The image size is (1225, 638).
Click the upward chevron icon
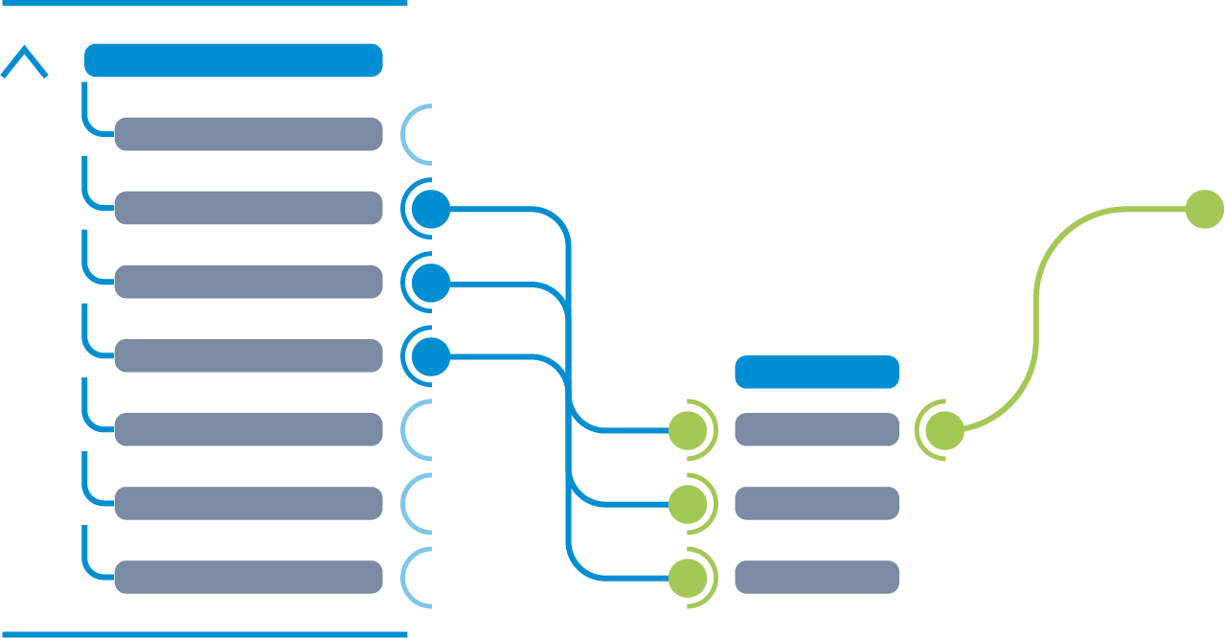[24, 62]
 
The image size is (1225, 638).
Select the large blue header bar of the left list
[234, 60]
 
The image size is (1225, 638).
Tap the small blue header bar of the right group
[816, 372]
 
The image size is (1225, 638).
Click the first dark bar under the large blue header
[248, 134]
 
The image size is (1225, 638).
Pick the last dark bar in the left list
[248, 577]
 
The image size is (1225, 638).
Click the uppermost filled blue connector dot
[431, 209]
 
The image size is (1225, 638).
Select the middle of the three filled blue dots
[431, 283]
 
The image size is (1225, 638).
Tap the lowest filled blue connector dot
[431, 356]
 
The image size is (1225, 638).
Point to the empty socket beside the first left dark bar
[418, 134]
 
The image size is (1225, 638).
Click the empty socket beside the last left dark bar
[418, 577]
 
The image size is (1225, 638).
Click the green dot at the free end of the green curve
[1204, 209]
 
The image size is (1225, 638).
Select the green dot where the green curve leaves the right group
[944, 430]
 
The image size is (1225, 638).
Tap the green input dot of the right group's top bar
[688, 430]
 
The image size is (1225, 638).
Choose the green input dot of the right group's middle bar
[688, 504]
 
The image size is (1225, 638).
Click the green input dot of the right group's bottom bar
[688, 578]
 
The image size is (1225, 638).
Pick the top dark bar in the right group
[816, 429]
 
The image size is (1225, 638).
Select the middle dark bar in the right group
[816, 503]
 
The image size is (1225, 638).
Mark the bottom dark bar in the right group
[816, 577]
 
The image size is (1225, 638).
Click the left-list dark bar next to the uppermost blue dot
[248, 208]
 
